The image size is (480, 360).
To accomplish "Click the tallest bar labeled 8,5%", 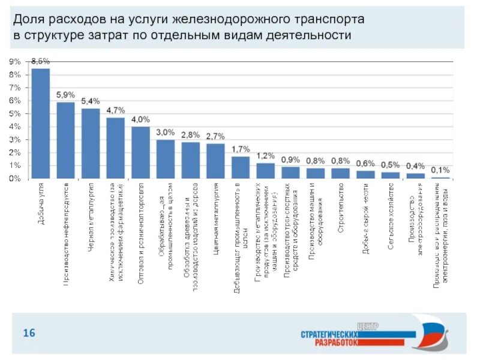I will pyautogui.click(x=40, y=124).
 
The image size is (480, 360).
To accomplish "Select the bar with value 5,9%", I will pyautogui.click(x=65, y=140).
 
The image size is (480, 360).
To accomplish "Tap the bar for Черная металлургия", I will pyautogui.click(x=91, y=143).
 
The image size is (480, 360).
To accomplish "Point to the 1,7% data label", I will pyautogui.click(x=240, y=149).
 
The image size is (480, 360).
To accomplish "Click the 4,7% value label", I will pyautogui.click(x=115, y=110).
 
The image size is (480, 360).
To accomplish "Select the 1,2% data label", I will pyautogui.click(x=265, y=155).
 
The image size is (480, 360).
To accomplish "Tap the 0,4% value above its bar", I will pyautogui.click(x=415, y=166).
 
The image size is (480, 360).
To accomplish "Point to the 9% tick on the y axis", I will pyautogui.click(x=14, y=62).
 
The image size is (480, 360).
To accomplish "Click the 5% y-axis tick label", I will pyautogui.click(x=14, y=113).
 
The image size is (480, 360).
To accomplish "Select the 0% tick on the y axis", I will pyautogui.click(x=14, y=178).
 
